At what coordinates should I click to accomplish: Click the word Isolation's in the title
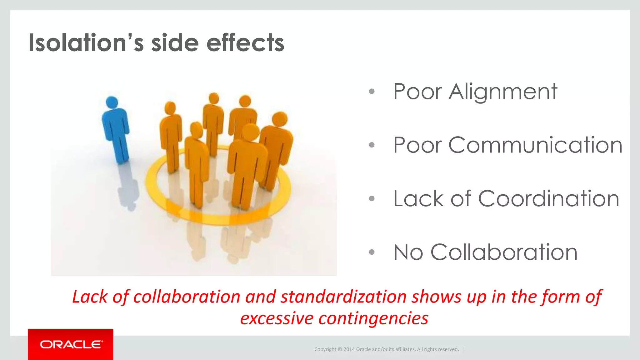(86, 43)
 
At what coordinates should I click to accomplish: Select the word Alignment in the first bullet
(503, 92)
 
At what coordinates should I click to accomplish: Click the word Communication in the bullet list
(535, 145)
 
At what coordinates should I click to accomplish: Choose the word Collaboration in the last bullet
(504, 252)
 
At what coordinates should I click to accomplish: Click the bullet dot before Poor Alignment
(372, 92)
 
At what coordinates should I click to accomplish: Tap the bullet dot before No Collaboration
(372, 252)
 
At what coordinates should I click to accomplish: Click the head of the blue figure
(112, 102)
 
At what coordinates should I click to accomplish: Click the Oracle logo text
(71, 344)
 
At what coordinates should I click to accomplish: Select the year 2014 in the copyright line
(349, 349)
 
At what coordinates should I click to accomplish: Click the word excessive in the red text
(277, 318)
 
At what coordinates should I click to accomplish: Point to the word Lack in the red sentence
(90, 297)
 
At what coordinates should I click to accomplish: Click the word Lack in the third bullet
(418, 199)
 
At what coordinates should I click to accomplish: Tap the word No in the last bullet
(408, 252)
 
